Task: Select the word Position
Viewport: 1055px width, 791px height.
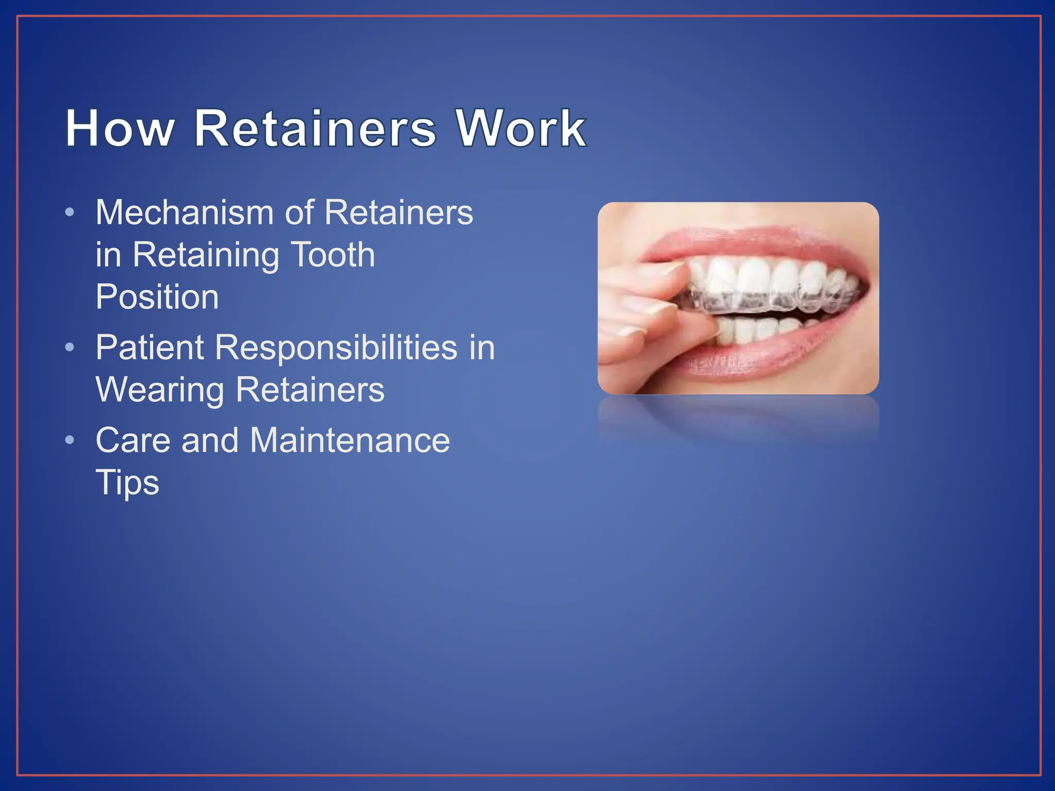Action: [x=157, y=297]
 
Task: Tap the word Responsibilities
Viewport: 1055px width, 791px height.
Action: [x=336, y=348]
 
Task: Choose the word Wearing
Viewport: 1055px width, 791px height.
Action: [x=160, y=390]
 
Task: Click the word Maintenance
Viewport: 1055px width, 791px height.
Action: [x=350, y=441]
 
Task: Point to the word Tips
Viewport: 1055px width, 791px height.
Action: [x=127, y=483]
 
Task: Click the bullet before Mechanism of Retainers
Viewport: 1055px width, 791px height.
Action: [x=70, y=213]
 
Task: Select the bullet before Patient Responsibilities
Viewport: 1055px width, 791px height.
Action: [x=70, y=348]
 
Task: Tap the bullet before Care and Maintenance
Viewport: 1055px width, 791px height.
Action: [x=70, y=441]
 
